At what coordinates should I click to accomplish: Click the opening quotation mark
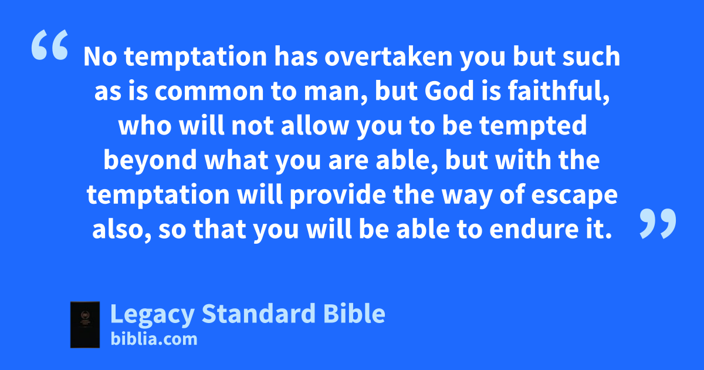coord(50,45)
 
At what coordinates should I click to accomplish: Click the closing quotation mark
coord(658,223)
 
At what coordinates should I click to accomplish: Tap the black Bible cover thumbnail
coord(85,325)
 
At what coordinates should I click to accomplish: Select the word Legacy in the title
coord(152,314)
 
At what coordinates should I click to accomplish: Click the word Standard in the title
coord(258,314)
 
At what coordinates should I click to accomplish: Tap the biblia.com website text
coord(154,339)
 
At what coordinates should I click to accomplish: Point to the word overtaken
coord(388,56)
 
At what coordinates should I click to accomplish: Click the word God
coord(449,91)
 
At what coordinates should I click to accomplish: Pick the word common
coord(209,92)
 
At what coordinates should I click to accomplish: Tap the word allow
coord(314,125)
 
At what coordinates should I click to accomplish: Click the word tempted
coord(533,126)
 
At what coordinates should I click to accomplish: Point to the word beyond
coord(150,161)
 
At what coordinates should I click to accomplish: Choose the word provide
coord(337,196)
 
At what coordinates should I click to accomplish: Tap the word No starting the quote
coord(100,56)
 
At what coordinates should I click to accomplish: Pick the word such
coord(591,56)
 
